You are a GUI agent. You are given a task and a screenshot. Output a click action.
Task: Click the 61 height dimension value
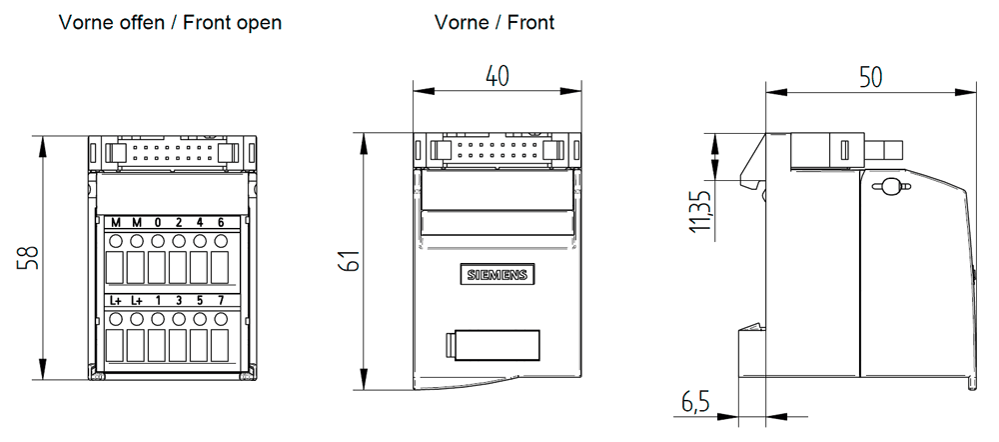[x=350, y=261]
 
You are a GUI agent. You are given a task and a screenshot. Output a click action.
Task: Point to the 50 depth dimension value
[x=870, y=77]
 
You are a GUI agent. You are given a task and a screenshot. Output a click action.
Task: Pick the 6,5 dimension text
[x=695, y=402]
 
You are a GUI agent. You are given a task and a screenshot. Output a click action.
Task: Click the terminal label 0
[x=157, y=222]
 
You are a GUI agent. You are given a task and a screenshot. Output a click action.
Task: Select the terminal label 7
[x=220, y=300]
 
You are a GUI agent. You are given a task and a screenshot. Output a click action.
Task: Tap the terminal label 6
[x=220, y=222]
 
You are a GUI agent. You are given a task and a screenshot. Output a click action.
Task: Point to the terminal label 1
[x=157, y=300]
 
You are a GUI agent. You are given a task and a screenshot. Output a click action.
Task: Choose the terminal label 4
[x=199, y=222]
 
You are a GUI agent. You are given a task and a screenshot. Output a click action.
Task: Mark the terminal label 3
[x=178, y=300]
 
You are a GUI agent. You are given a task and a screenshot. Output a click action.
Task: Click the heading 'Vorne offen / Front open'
[x=170, y=22]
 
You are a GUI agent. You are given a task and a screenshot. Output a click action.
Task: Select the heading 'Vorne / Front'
[x=494, y=22]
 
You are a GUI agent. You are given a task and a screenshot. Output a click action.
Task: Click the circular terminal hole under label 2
[x=178, y=241]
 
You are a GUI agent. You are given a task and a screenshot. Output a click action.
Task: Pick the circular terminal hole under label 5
[x=199, y=319]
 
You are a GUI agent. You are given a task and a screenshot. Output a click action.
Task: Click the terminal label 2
[x=178, y=222]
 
